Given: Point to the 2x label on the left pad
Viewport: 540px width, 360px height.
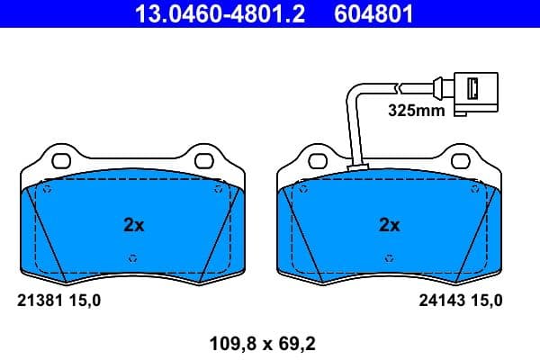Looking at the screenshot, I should pyautogui.click(x=133, y=225).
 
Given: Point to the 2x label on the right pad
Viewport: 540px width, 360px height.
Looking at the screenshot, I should pyautogui.click(x=389, y=225).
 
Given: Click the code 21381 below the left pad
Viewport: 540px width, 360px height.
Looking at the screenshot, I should pyautogui.click(x=39, y=301).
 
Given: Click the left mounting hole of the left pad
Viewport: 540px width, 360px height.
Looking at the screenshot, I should pyautogui.click(x=62, y=163).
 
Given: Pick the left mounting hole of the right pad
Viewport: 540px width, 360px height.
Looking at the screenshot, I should pyautogui.click(x=318, y=163).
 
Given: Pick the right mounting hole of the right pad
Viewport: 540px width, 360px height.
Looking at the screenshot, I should pyautogui.click(x=460, y=163).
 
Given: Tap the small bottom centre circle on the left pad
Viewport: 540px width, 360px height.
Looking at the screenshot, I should pyautogui.click(x=133, y=257).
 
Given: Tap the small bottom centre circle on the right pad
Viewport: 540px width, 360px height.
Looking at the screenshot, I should pyautogui.click(x=389, y=257).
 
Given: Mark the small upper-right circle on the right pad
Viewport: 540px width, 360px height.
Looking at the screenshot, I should pyautogui.click(x=473, y=190).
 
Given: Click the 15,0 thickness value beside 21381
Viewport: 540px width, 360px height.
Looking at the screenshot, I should pyautogui.click(x=86, y=301).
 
